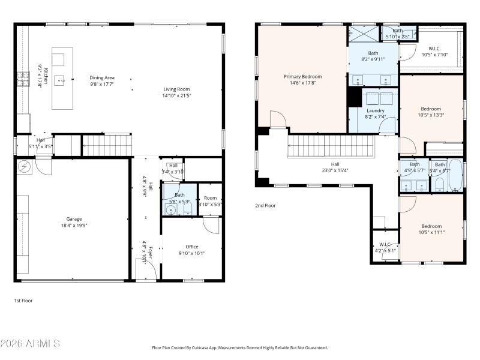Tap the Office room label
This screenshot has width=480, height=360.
point(191,250)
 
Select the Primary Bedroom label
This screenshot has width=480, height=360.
point(302,80)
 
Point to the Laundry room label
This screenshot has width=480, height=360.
point(375,113)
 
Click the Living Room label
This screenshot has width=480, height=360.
point(177,92)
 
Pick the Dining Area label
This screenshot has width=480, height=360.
point(102,81)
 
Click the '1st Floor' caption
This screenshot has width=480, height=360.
point(23,300)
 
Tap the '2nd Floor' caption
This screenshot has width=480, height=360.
point(265,205)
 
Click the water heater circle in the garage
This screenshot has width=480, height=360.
point(25,166)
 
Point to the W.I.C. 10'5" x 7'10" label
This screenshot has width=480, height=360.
point(434,52)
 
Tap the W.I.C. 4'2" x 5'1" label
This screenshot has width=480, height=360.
point(385,247)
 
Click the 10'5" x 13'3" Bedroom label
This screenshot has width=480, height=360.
point(430,112)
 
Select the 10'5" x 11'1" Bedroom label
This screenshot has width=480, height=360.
point(430,229)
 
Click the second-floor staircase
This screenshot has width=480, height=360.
point(330,146)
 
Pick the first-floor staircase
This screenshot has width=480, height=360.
point(106,145)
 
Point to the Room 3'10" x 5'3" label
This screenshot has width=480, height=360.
point(210,200)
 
